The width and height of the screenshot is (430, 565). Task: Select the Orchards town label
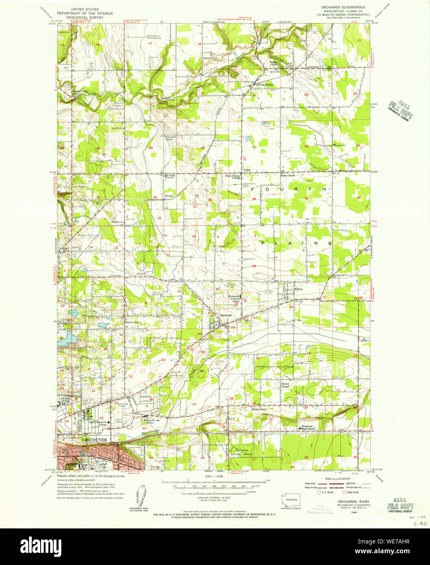pos(226,315)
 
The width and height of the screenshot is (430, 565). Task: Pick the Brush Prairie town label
pos(264,85)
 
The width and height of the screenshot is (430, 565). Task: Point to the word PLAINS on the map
pos(296,243)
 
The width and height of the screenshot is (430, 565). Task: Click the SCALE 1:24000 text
pos(214,476)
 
